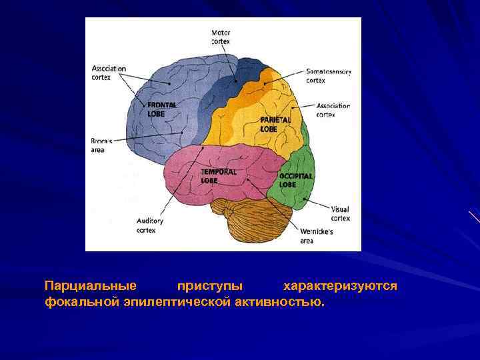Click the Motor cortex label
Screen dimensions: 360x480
[x=221, y=37]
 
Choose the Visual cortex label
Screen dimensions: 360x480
[x=340, y=213]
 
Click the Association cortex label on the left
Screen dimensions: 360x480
[x=109, y=72]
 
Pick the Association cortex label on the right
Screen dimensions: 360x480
[x=333, y=110]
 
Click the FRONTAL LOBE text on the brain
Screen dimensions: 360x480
[x=162, y=109]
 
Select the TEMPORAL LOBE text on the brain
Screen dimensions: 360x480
[x=219, y=175]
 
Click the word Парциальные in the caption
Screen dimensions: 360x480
[x=91, y=286]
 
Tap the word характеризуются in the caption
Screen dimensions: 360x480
[x=340, y=286]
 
